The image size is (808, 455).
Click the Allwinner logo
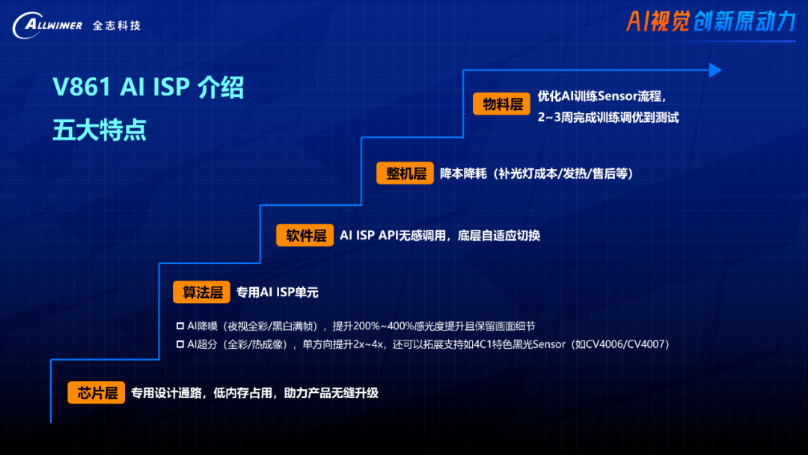47,25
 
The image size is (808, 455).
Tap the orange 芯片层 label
97,393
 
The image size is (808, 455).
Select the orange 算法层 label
201,292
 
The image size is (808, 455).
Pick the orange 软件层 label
305,236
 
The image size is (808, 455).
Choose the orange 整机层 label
405,173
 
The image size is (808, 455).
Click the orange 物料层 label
501,104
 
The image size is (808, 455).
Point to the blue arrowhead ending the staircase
715,70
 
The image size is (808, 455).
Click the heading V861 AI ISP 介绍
148,87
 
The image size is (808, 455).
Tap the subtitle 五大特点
100,130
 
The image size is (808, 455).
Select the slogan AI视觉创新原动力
711,22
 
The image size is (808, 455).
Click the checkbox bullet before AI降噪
180,326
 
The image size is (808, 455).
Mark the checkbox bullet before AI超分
180,344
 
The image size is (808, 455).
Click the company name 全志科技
117,25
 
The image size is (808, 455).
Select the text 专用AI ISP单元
278,292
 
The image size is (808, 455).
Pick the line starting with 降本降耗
536,174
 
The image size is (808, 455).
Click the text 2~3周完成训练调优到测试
608,117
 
